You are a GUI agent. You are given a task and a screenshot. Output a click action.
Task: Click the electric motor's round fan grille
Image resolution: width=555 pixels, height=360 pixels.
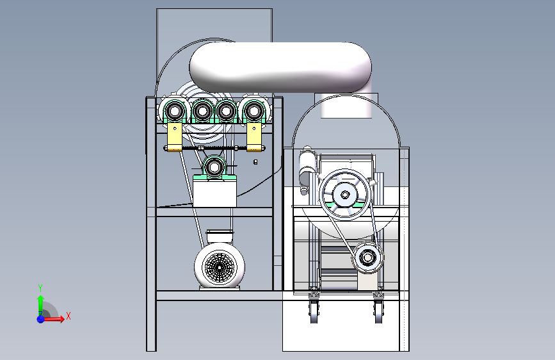pyautogui.click(x=220, y=268)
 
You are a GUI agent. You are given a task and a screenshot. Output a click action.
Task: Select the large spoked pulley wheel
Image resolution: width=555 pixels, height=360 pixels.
pyautogui.click(x=345, y=195)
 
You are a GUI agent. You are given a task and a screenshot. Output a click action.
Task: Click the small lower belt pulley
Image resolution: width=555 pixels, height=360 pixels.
pyautogui.click(x=367, y=258)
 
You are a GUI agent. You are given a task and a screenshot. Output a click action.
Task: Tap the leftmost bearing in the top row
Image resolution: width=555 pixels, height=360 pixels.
pyautogui.click(x=175, y=111)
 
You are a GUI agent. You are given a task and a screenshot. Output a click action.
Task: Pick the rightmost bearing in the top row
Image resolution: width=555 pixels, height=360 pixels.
pyautogui.click(x=253, y=111)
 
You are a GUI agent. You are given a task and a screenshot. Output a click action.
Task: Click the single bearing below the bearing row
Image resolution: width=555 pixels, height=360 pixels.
pyautogui.click(x=214, y=167)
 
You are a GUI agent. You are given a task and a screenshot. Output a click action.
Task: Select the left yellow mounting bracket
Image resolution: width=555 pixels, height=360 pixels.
pyautogui.click(x=175, y=137)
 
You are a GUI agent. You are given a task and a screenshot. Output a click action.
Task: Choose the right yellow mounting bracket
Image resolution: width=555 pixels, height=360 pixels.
pyautogui.click(x=253, y=137)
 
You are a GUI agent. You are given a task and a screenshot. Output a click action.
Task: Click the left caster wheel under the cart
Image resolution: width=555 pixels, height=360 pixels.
pyautogui.click(x=314, y=312)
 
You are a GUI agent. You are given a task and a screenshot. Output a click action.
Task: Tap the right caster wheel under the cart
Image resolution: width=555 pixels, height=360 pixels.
pyautogui.click(x=378, y=312)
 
